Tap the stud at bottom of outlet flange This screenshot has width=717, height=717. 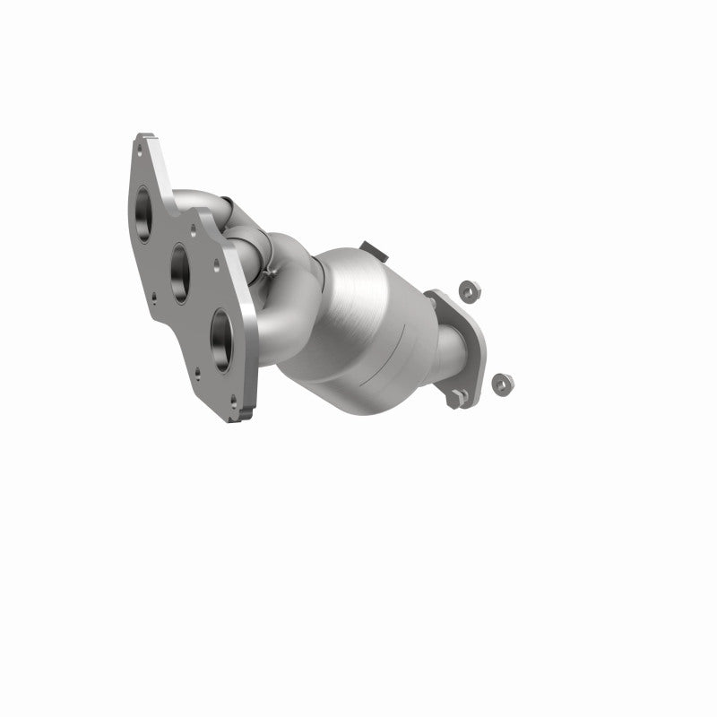click(459, 395)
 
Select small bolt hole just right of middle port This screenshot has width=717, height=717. click(214, 265)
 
